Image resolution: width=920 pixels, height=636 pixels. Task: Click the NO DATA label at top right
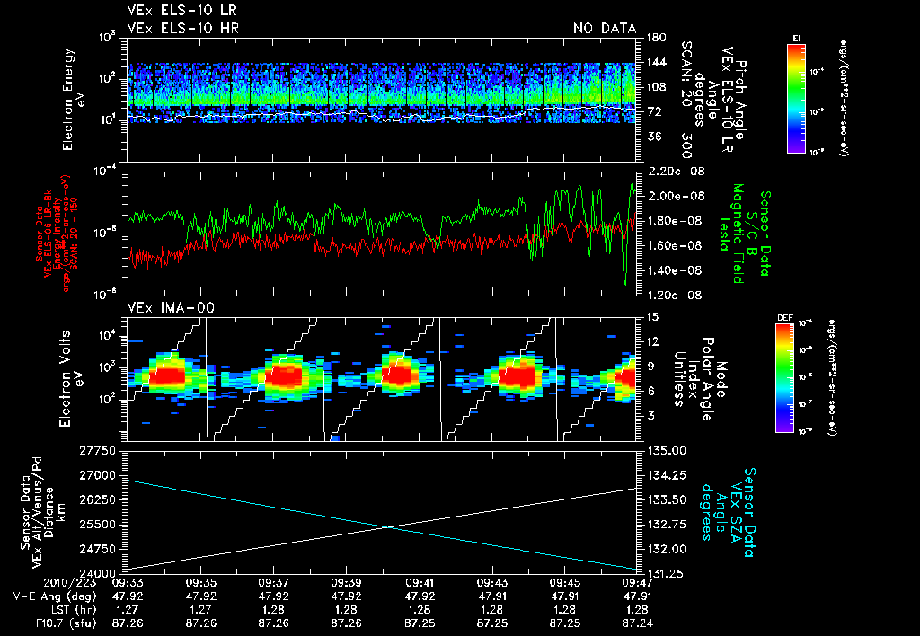point(605,29)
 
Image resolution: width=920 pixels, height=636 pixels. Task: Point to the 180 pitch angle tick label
point(654,38)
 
